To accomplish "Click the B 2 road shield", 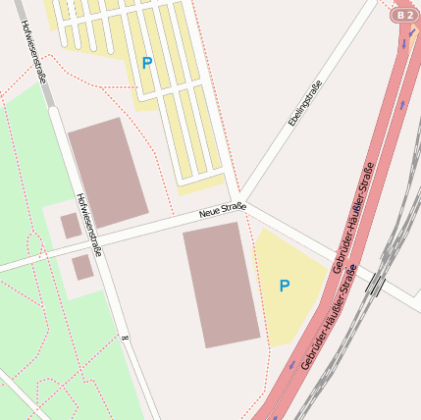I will tap(403, 15).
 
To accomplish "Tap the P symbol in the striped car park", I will tap(147, 63).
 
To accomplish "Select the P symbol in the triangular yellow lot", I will tap(285, 286).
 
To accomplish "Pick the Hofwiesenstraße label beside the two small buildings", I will tap(88, 225).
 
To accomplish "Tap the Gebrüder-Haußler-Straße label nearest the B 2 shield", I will tap(352, 218).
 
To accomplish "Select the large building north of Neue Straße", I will tap(108, 172).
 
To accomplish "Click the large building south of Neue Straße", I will tap(221, 284).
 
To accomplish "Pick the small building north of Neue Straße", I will tap(71, 226).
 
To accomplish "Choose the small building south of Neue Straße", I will tap(82, 267).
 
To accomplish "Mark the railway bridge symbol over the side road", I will tap(376, 285).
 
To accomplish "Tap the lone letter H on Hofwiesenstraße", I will tap(126, 337).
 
